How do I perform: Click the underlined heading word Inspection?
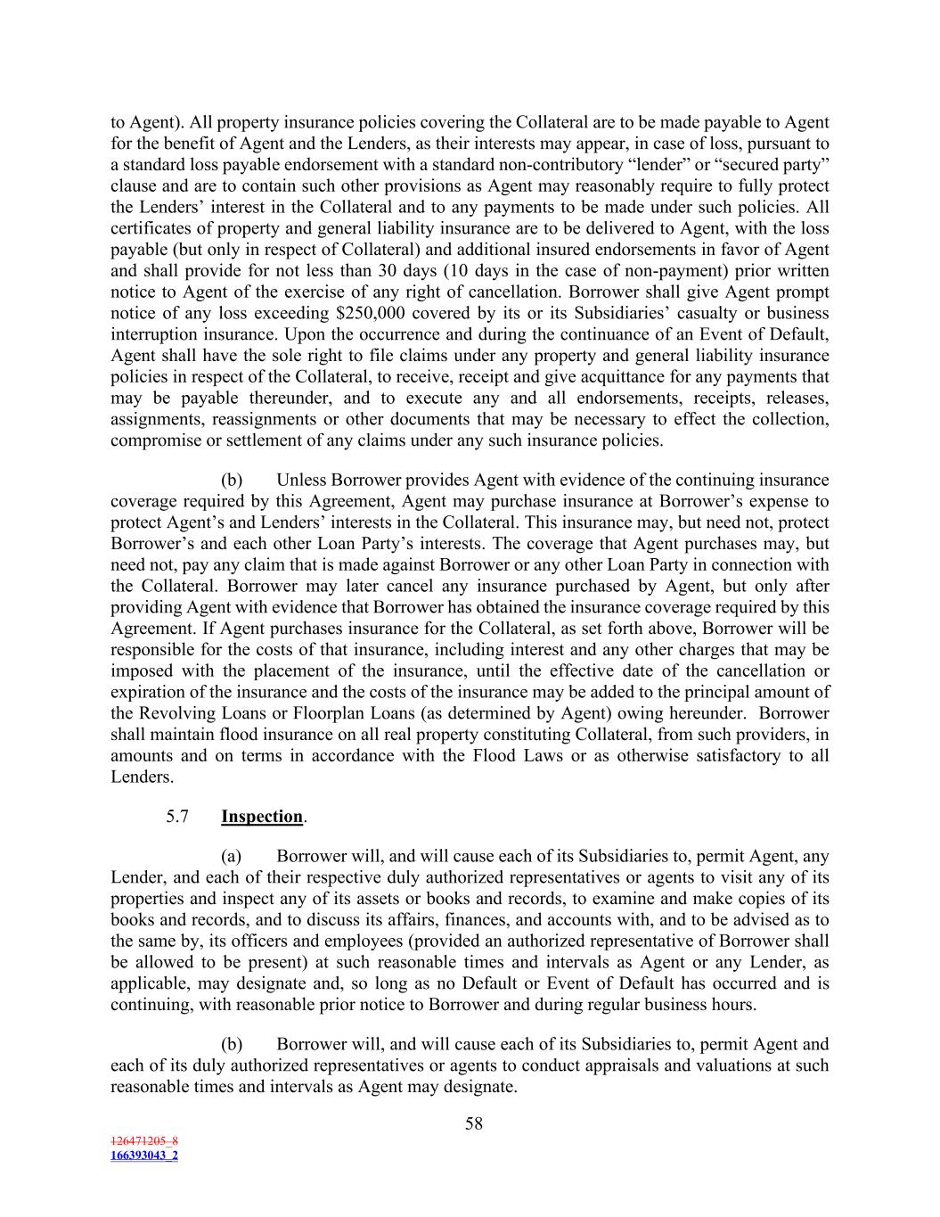pos(262,817)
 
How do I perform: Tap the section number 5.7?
pos(176,817)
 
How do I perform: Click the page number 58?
pos(473,1123)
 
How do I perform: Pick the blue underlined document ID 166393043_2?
pos(144,1155)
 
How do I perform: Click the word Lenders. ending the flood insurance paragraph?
pos(142,777)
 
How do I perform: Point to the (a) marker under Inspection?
pos(232,857)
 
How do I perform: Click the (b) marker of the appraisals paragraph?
pos(232,1044)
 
